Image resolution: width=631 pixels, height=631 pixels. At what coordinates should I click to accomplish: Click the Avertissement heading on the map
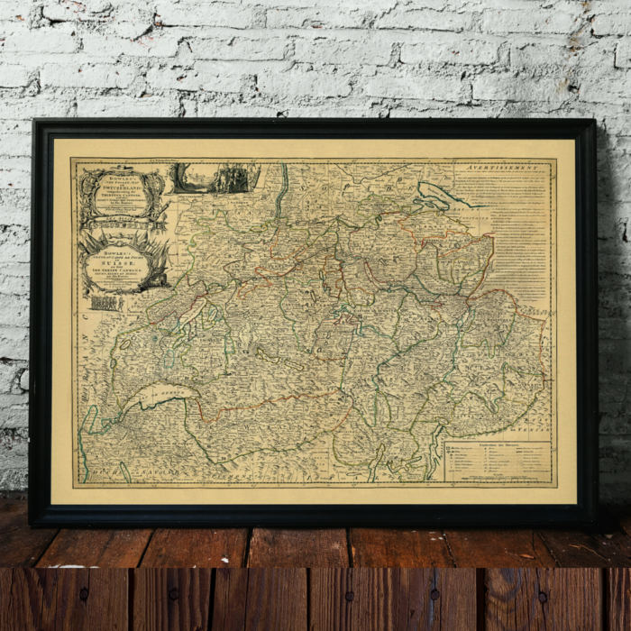point(502,168)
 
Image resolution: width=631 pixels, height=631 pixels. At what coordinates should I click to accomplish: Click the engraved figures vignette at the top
point(214,178)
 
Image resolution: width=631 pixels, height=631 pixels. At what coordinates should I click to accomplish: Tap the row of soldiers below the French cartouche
point(106,303)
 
